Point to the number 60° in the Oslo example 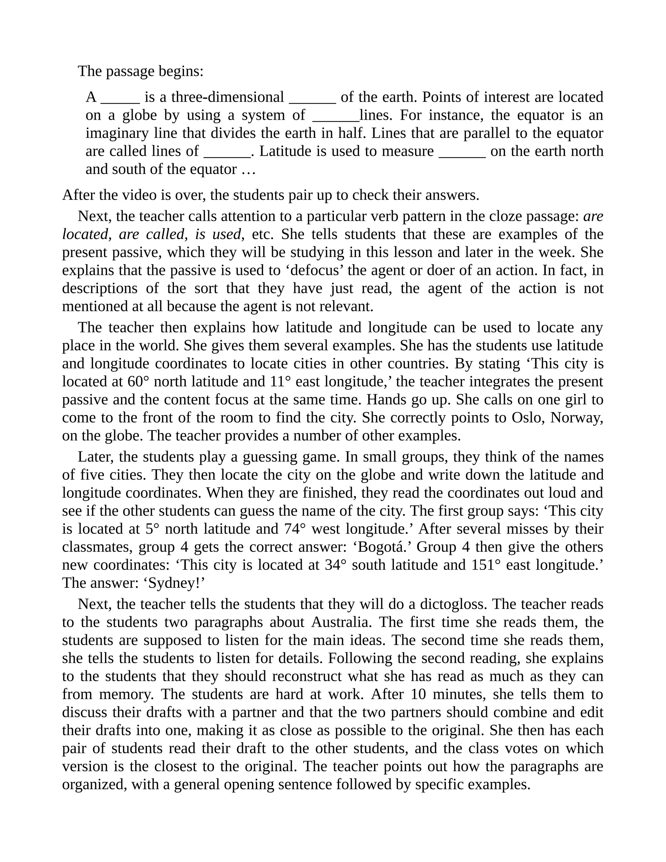(139, 382)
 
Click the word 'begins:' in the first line (181, 72)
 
